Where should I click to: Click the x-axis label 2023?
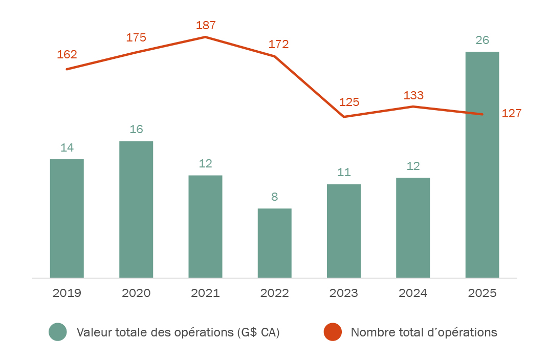[x=344, y=293]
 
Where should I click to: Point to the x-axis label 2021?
[x=205, y=293]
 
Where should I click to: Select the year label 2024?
[x=413, y=293]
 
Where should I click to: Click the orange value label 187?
[x=206, y=26]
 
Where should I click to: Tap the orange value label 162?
[x=67, y=55]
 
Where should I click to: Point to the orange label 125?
[x=349, y=102]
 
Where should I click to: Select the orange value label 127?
[x=512, y=114]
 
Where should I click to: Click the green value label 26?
[x=482, y=40]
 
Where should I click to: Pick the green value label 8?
[x=274, y=197]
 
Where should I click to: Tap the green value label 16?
[x=136, y=129]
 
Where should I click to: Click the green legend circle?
[x=58, y=332]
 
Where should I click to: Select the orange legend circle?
[x=333, y=332]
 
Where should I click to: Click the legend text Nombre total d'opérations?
[x=424, y=332]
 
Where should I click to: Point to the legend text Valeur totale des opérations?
[x=178, y=332]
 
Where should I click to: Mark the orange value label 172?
[x=279, y=45]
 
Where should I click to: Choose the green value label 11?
[x=344, y=172]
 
